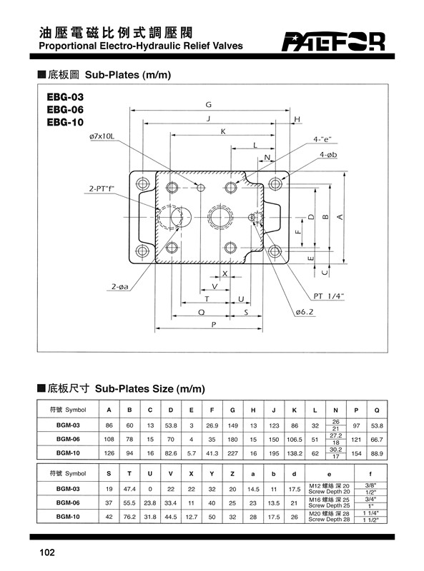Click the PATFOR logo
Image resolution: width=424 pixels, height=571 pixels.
333,41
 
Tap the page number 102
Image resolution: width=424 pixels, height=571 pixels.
47,552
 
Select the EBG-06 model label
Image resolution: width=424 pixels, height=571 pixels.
65,109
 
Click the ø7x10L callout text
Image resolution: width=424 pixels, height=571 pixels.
102,136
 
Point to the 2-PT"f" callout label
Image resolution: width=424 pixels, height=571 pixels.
102,188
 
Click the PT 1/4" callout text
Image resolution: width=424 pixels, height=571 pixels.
329,296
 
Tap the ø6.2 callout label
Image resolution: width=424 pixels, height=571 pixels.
305,312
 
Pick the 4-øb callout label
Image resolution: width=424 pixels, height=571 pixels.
328,155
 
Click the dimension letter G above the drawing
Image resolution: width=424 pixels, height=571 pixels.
208,104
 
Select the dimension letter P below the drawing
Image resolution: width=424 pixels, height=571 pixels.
214,324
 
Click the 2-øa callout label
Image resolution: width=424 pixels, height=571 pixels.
120,287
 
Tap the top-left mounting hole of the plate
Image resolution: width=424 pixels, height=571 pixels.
142,183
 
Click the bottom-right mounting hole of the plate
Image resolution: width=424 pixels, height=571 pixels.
275,251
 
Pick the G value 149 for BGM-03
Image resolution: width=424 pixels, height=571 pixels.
233,425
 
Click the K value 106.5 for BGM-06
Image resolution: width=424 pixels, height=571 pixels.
295,440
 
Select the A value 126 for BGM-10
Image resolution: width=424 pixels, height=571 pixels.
109,453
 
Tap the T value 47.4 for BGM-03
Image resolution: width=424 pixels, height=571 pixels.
129,489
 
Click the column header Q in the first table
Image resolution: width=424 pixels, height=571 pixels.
377,410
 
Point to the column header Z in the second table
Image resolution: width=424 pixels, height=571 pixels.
232,474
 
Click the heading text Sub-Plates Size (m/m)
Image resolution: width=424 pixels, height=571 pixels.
150,388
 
